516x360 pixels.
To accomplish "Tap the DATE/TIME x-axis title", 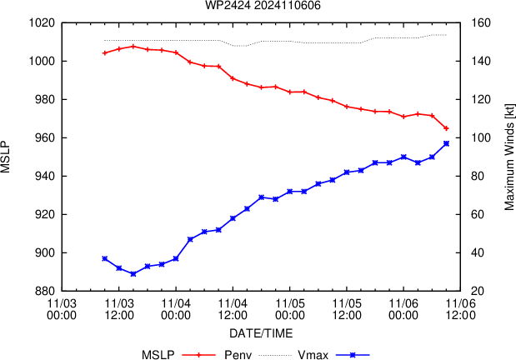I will tap(262, 332).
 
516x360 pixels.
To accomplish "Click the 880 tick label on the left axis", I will tap(45, 291).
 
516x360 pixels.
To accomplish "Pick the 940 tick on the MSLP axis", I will tap(45, 176).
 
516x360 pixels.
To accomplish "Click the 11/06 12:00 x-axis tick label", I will tap(458, 310).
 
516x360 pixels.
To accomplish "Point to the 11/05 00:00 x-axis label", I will tap(289, 310).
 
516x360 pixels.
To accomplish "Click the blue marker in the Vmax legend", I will tap(353, 354).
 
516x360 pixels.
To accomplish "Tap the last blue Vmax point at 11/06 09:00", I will tap(447, 143).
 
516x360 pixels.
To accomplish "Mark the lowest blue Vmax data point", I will tap(133, 273).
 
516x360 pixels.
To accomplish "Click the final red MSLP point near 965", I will tap(447, 128).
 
